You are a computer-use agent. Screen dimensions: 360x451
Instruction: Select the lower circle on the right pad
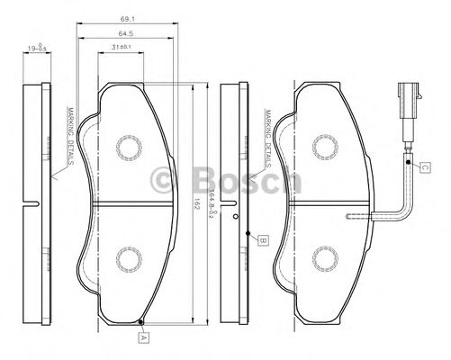pos(320,259)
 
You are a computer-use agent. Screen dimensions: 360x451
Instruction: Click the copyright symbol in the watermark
pos(168,178)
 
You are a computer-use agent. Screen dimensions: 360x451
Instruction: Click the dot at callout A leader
pos(143,320)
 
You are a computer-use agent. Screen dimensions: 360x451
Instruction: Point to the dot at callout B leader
pos(248,232)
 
